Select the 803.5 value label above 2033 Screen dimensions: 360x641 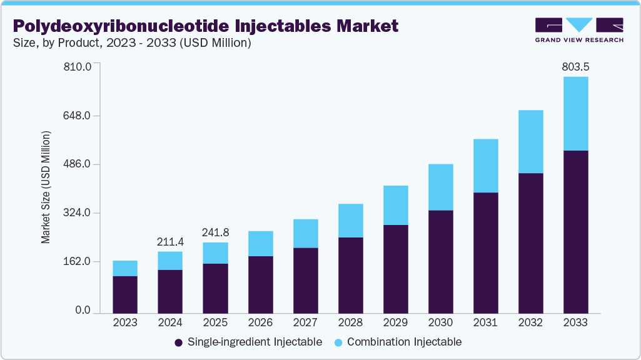575,66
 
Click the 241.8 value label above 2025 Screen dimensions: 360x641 215,232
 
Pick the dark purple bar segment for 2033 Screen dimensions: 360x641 575,231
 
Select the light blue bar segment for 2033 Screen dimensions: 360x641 575,114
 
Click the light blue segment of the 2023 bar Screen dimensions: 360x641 125,268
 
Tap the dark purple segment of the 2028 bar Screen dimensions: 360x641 350,275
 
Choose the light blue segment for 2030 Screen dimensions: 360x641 440,187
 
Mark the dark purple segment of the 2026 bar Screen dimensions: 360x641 260,284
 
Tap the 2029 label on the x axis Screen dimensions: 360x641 395,323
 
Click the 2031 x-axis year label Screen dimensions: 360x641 485,323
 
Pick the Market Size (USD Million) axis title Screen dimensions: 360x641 46,187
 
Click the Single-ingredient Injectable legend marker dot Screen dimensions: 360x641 178,342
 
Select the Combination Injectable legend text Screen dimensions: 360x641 404,342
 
